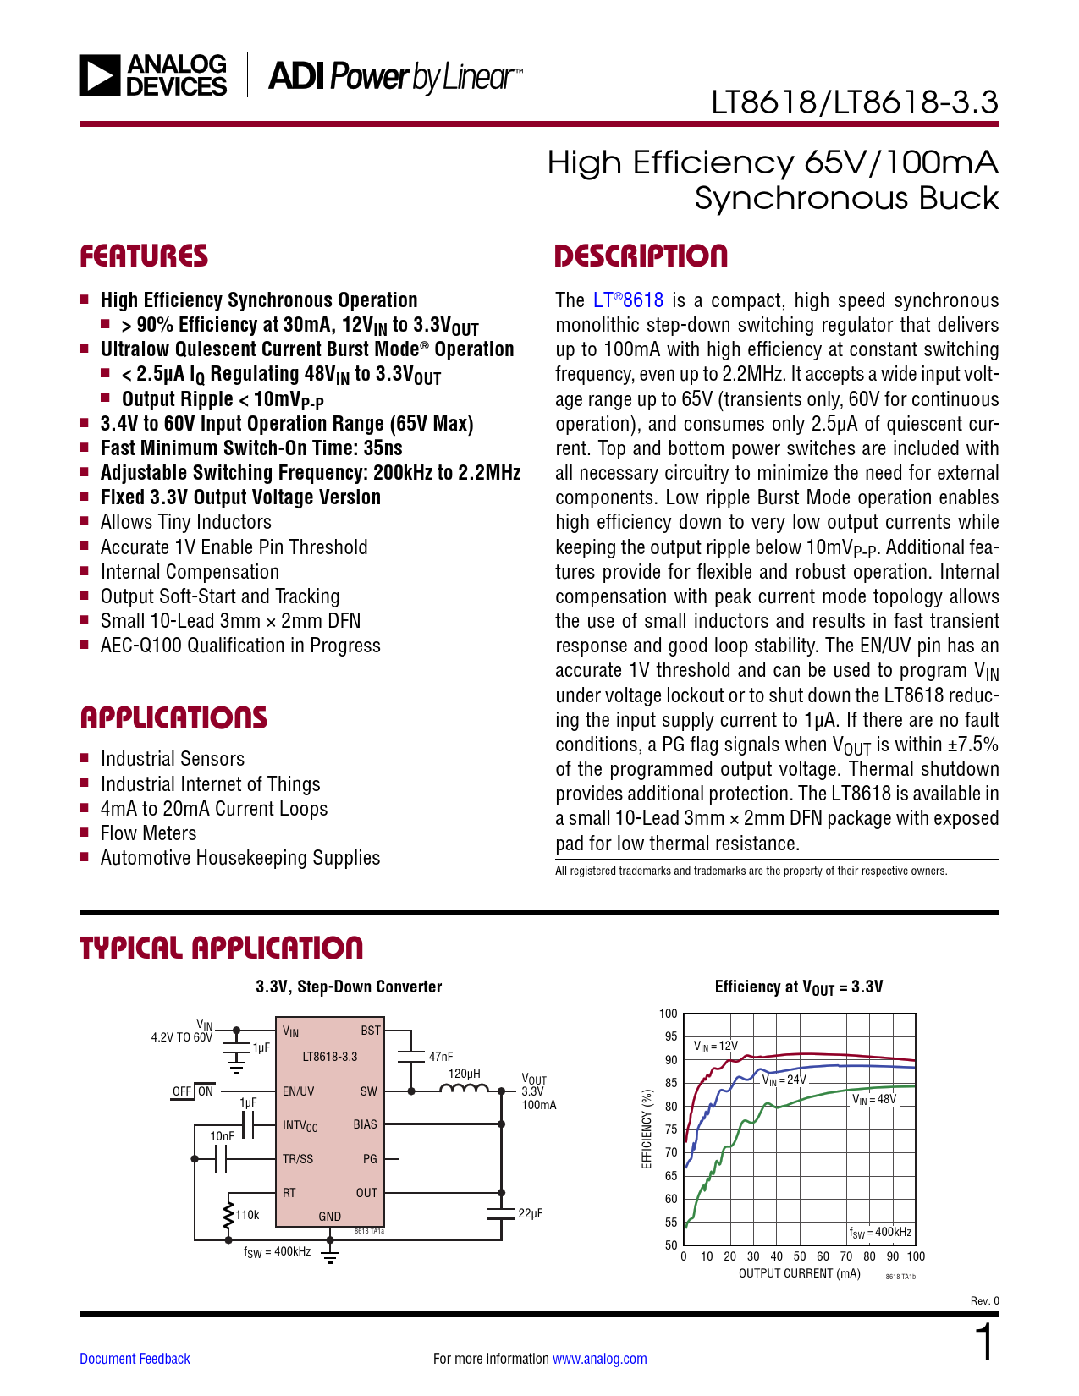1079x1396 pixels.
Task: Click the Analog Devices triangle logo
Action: [100, 75]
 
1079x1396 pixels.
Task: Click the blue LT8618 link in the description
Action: [628, 300]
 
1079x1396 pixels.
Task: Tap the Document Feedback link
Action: [135, 1359]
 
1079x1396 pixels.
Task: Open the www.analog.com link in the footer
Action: [599, 1359]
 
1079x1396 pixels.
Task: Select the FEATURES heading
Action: [144, 256]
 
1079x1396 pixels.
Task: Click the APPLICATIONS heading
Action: [173, 718]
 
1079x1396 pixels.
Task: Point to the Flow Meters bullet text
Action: [148, 833]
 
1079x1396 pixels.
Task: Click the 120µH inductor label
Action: [464, 1074]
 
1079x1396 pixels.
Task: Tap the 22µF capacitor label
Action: [530, 1213]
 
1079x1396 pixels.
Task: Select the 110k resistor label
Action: [247, 1215]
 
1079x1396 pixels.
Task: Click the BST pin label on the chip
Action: [371, 1031]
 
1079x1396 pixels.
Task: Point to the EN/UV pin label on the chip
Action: [298, 1091]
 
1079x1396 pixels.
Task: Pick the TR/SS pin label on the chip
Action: [298, 1159]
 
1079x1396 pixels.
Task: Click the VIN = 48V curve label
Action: [873, 1100]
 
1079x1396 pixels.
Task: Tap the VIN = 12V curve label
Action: [716, 1047]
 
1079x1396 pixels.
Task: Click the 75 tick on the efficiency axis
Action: [671, 1129]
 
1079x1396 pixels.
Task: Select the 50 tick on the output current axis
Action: [800, 1256]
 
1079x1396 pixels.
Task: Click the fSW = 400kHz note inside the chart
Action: [880, 1233]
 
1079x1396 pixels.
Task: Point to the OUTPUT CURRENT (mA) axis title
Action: [799, 1273]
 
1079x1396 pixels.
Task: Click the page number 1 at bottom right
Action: [984, 1343]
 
